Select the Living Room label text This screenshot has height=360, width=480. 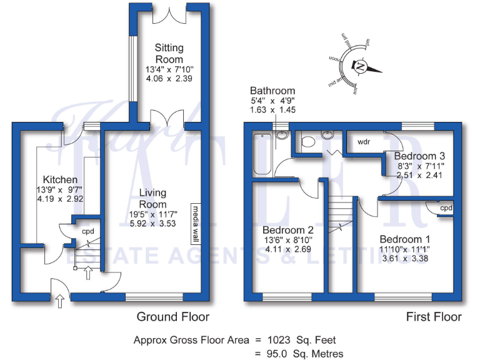coord(152,198)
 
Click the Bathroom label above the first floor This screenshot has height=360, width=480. coord(272,91)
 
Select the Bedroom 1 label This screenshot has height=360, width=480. coord(404,239)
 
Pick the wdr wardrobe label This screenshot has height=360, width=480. coord(364,142)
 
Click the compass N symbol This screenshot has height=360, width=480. coord(361,65)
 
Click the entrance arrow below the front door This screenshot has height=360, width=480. coord(59,302)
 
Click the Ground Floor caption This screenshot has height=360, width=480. coord(172,317)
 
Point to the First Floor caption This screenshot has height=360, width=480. coord(434,317)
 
